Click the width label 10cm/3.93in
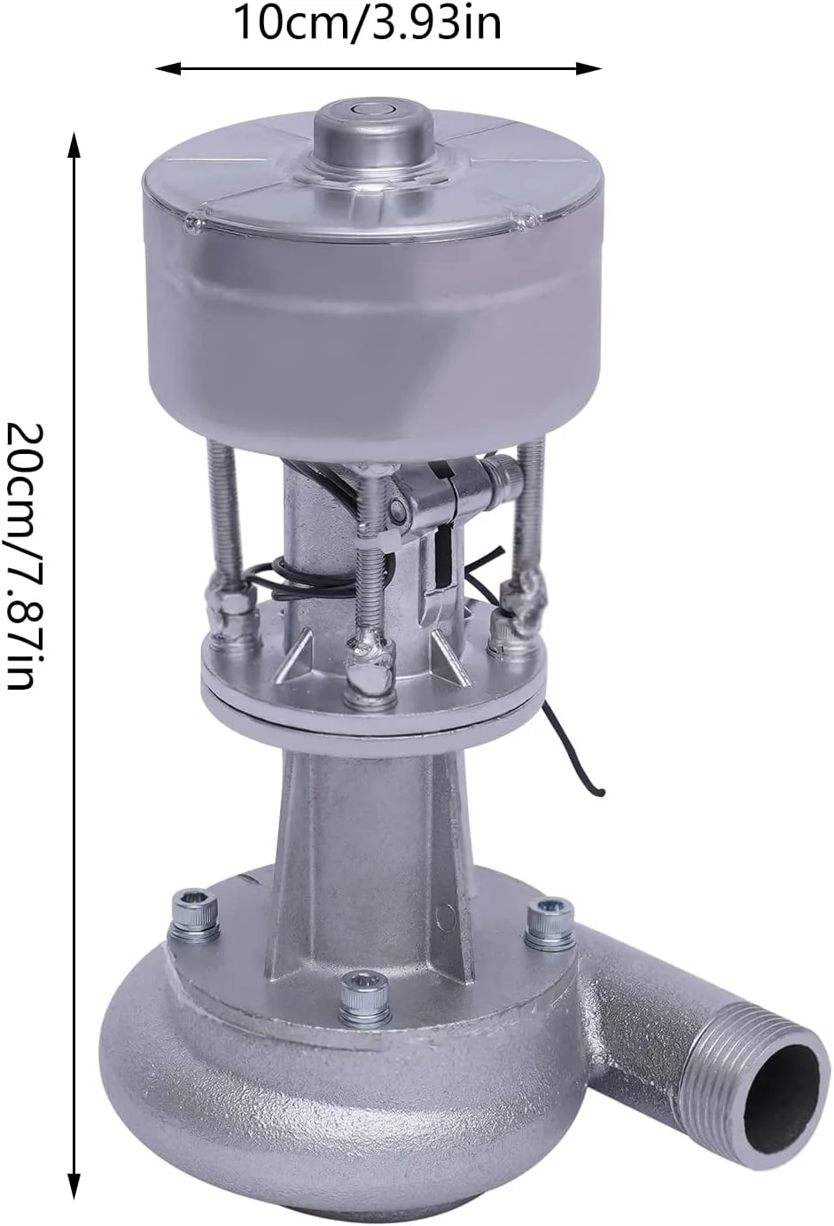click(x=368, y=23)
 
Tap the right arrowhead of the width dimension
click(x=589, y=68)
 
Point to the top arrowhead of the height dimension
click(x=74, y=144)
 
